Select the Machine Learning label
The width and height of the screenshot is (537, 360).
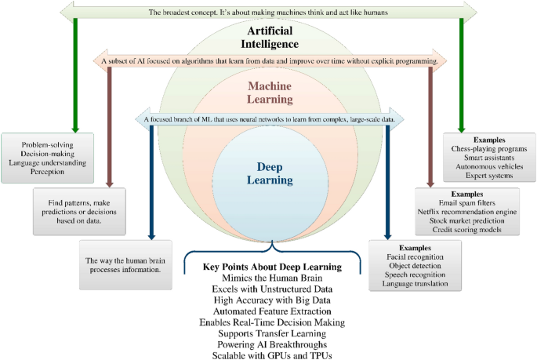(270, 92)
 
